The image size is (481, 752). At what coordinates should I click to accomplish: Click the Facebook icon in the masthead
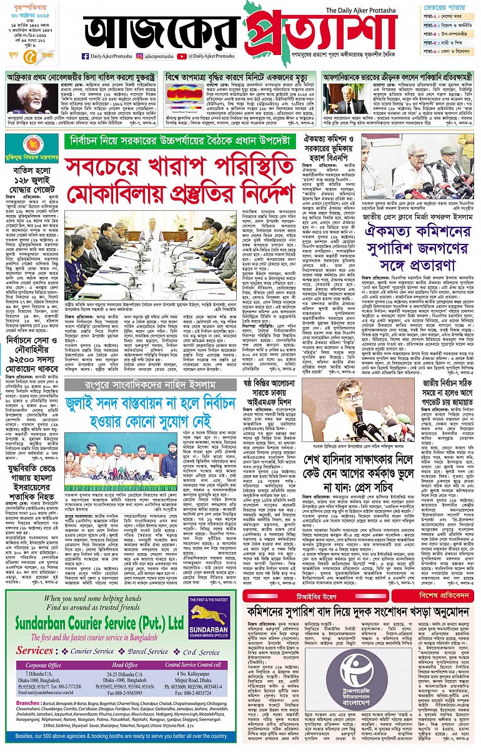[x=85, y=56]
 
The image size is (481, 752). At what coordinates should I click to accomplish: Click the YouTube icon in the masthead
[x=183, y=56]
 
